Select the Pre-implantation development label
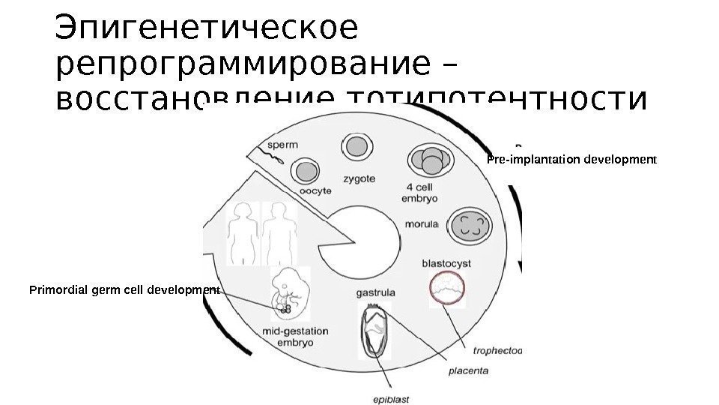point(571,160)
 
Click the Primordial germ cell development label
point(124,289)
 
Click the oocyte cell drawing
point(305,172)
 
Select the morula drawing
point(470,225)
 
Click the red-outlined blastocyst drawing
point(447,289)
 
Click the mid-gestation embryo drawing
point(289,292)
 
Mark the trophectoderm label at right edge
point(497,349)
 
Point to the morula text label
point(422,223)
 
